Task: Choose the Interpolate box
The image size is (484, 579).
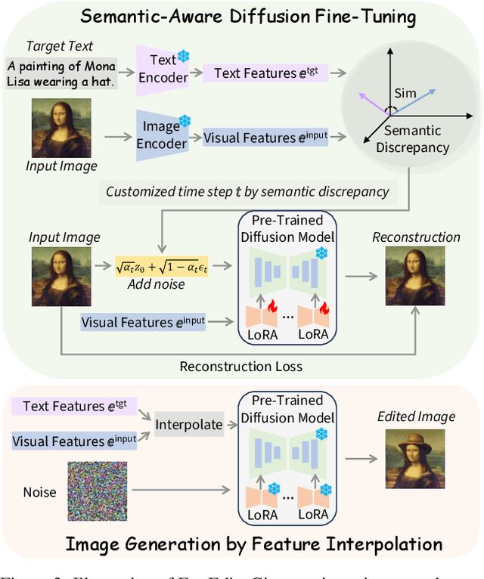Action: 189,424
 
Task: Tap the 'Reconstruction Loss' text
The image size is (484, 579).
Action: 240,367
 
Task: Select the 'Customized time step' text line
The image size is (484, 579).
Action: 247,191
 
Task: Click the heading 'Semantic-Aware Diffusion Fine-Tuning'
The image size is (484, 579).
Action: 240,16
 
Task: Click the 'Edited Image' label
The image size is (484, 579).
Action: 416,416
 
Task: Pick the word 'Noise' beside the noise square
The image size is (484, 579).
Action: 39,492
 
